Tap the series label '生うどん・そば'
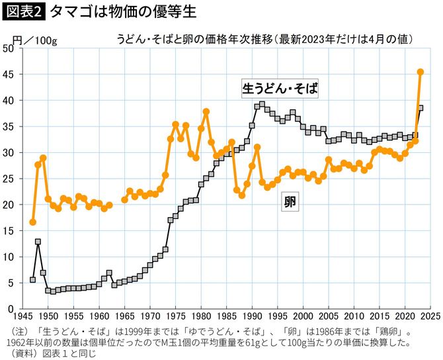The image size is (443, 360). coord(280,88)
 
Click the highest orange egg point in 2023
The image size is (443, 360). coord(421,72)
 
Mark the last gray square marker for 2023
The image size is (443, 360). coord(421,108)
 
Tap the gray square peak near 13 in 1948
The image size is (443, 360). coord(38,242)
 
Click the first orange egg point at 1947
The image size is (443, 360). coord(33,222)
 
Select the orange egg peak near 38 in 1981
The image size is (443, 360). coord(206,111)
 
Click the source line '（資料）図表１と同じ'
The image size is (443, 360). coord(50,353)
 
